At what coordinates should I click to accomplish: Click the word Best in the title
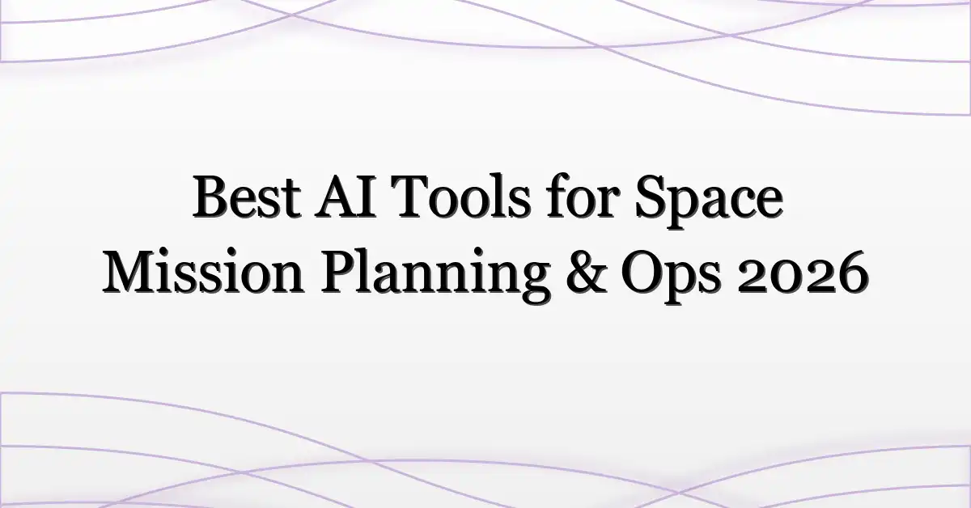click(247, 197)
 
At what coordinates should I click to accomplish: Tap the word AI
click(345, 197)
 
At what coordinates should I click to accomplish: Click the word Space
click(710, 202)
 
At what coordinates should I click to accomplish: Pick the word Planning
click(435, 274)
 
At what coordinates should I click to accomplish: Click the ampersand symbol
click(587, 273)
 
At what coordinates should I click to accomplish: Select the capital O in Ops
click(642, 273)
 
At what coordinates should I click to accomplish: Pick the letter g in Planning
click(533, 284)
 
